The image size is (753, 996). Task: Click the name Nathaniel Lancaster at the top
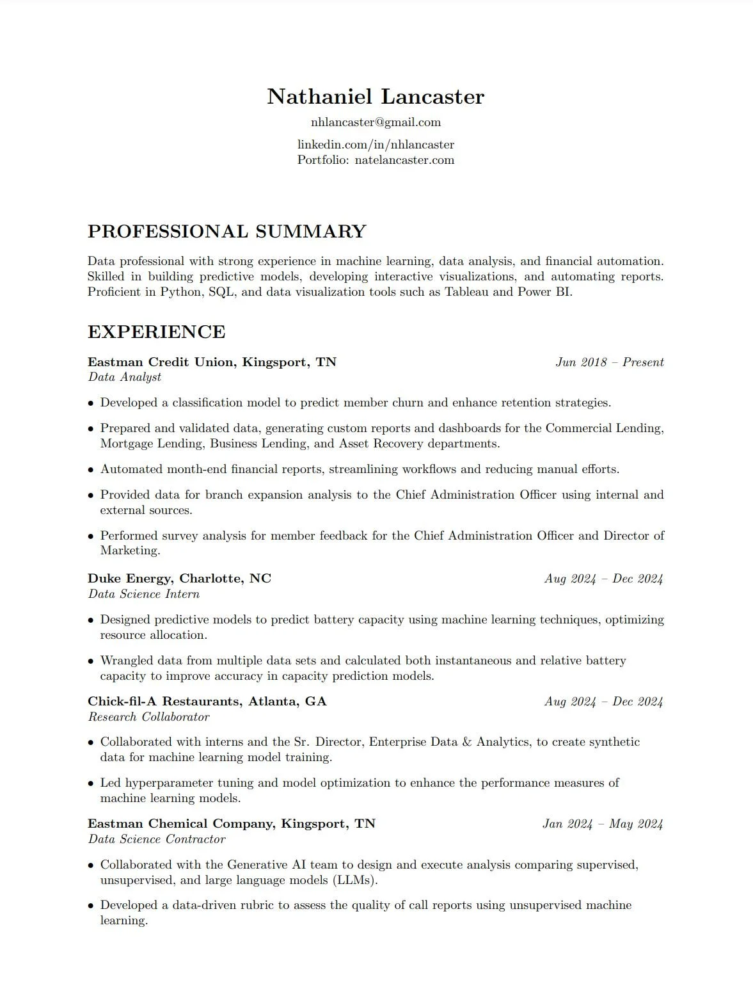click(376, 97)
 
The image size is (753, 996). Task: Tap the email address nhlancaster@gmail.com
click(376, 122)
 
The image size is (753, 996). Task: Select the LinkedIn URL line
click(376, 145)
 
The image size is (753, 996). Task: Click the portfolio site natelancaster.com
click(404, 160)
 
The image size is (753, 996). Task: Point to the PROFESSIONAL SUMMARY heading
click(226, 232)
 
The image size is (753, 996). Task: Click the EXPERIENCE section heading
click(156, 332)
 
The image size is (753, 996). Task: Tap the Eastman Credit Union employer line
click(212, 362)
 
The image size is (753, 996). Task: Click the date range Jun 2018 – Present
click(609, 362)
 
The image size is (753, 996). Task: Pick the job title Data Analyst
click(125, 377)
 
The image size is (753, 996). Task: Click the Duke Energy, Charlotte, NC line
click(179, 579)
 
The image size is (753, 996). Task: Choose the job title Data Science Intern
click(144, 594)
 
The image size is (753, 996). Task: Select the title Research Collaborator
click(149, 717)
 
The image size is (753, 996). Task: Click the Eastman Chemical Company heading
click(231, 824)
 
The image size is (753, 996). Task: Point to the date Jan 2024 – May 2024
click(602, 824)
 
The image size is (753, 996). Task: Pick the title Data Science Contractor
click(157, 839)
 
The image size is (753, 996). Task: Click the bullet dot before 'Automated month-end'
click(91, 470)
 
